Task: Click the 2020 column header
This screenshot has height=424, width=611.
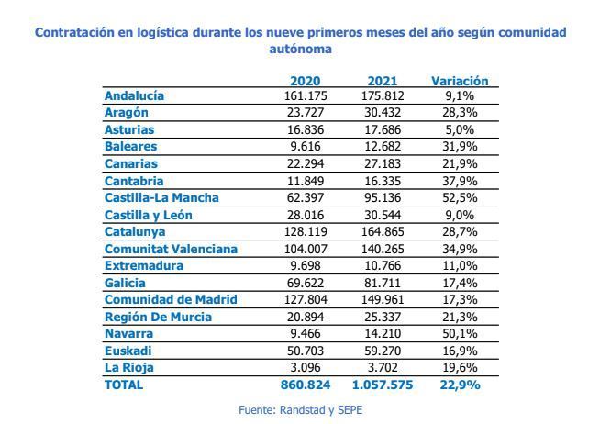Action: click(x=305, y=81)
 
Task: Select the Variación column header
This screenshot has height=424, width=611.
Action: click(x=460, y=81)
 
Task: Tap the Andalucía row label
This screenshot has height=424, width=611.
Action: click(x=134, y=95)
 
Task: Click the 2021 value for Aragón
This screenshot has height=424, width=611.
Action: click(x=381, y=112)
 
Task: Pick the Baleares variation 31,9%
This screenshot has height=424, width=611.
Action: click(x=460, y=146)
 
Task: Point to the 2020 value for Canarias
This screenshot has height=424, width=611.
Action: click(x=305, y=163)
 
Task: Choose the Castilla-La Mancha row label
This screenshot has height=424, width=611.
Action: click(x=161, y=197)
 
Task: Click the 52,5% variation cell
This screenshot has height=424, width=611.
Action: click(x=460, y=197)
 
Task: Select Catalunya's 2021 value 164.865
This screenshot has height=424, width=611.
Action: click(x=381, y=231)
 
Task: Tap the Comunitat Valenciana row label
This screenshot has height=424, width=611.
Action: click(x=171, y=249)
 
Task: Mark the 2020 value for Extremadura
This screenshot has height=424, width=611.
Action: click(x=305, y=265)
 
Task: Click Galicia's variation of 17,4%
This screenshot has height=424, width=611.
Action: click(x=460, y=283)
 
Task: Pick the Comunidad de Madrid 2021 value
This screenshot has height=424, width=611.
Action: click(x=381, y=299)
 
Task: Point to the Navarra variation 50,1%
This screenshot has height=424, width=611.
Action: click(x=460, y=334)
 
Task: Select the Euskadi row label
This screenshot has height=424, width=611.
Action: click(x=128, y=351)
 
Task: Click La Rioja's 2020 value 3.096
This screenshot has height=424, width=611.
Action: click(x=305, y=368)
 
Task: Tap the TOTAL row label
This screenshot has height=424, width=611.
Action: click(x=124, y=385)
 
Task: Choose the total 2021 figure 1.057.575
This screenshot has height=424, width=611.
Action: click(x=381, y=385)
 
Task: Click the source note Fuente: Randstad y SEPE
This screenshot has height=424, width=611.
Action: click(x=305, y=410)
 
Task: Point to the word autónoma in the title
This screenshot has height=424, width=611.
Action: click(x=300, y=49)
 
